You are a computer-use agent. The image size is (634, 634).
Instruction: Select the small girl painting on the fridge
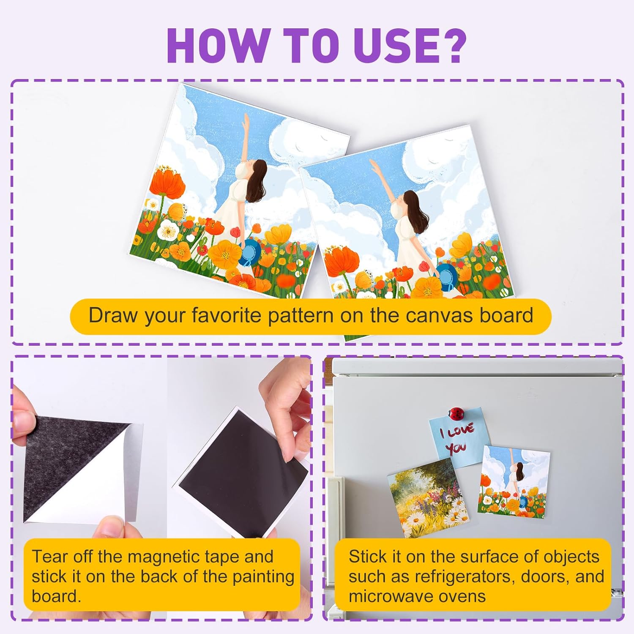coord(514,482)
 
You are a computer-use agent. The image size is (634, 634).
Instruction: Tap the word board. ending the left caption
coord(56,596)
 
